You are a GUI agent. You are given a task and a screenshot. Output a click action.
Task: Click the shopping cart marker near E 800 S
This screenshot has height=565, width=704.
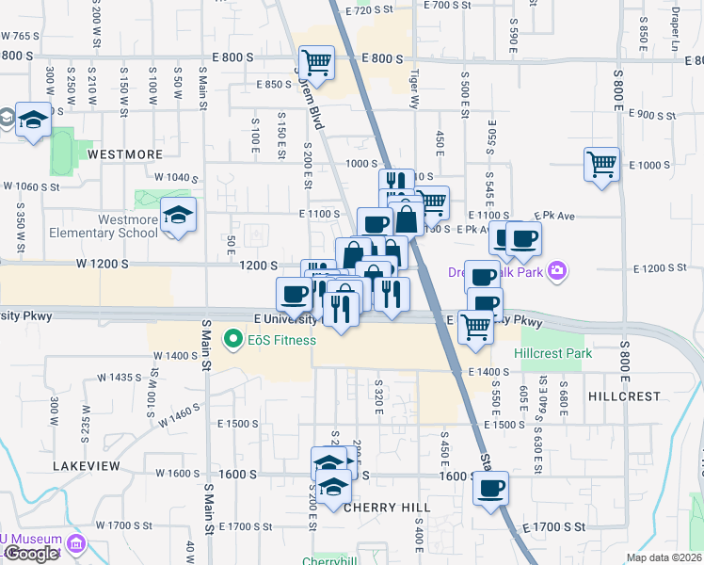tap(317, 63)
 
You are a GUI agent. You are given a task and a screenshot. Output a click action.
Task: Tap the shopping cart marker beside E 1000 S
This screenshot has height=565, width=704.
tap(601, 165)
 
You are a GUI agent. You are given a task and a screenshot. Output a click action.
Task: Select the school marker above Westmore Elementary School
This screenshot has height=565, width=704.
tap(178, 216)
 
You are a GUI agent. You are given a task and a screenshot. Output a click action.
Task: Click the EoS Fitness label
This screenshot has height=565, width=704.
tap(281, 339)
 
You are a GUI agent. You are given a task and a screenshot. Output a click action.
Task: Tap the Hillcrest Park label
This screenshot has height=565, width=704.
tap(553, 353)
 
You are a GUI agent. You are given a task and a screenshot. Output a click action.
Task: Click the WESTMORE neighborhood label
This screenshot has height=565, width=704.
tap(125, 153)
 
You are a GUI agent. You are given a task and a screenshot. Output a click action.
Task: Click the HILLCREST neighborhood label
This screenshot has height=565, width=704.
tap(624, 396)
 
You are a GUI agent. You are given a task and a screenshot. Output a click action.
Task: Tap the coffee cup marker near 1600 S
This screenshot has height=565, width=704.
tap(490, 488)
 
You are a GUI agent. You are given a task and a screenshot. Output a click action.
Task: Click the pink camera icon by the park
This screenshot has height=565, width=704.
tap(558, 271)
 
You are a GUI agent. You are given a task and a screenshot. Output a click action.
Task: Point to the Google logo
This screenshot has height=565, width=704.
tap(31, 554)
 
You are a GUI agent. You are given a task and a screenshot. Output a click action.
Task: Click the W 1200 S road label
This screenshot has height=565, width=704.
tap(103, 265)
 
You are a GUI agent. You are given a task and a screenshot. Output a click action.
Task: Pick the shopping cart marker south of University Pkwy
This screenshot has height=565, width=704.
tap(476, 327)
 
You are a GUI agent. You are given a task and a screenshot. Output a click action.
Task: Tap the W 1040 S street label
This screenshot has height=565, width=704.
tap(177, 177)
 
